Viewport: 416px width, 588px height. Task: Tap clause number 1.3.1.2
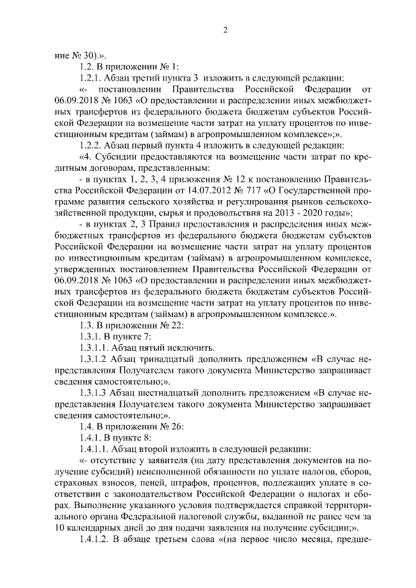pyautogui.click(x=94, y=359)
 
